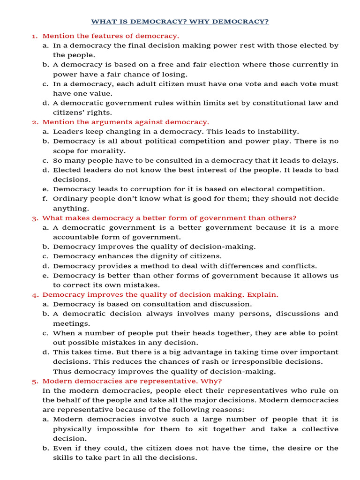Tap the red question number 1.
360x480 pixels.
(34, 36)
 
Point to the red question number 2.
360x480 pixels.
(35, 122)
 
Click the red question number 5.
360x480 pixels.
(35, 381)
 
